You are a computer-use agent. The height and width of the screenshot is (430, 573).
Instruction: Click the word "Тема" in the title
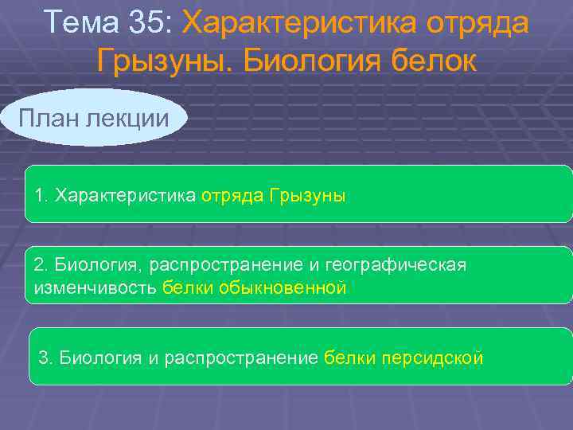click(80, 23)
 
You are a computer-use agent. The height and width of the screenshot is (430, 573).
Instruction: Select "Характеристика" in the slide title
click(302, 23)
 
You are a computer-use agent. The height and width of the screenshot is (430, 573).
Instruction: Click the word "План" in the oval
click(47, 119)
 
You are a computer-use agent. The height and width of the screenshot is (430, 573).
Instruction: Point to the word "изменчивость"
click(95, 287)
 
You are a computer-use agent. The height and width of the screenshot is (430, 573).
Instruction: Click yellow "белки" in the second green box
click(183, 287)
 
